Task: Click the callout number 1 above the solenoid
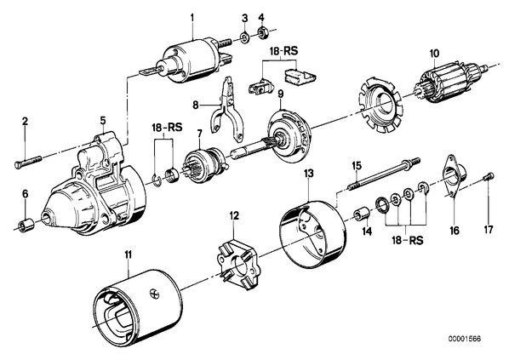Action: click(x=192, y=18)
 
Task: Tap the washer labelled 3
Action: click(x=245, y=37)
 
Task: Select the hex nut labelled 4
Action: click(x=261, y=33)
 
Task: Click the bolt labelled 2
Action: click(x=28, y=162)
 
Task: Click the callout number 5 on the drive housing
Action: click(x=103, y=121)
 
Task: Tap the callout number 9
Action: click(x=281, y=94)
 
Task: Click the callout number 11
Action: click(x=129, y=254)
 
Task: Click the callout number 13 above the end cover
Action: click(x=309, y=174)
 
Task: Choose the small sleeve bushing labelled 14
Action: click(x=361, y=214)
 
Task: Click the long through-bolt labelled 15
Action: click(x=384, y=174)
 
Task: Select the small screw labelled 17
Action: click(x=489, y=177)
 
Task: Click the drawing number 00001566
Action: click(x=464, y=339)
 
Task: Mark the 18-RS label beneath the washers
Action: click(x=407, y=241)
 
